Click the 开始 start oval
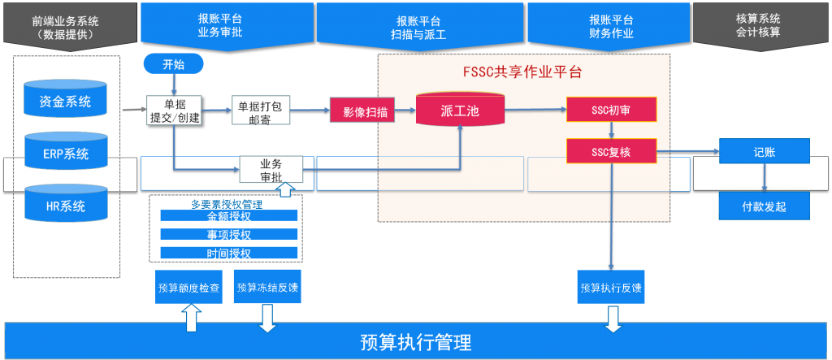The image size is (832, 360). (173, 64)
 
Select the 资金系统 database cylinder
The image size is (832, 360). (66, 102)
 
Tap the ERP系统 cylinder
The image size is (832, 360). (66, 154)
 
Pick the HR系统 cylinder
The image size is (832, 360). (66, 206)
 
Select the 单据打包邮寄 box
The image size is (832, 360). (260, 111)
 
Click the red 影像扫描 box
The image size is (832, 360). (362, 111)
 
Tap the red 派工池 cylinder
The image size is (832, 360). (460, 110)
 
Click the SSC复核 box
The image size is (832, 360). (609, 151)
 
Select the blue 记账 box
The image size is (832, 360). (764, 151)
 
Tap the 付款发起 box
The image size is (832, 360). (764, 206)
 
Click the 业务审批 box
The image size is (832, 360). (271, 170)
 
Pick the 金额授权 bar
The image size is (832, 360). (229, 217)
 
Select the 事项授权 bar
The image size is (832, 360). (229, 235)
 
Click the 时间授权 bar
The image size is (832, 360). (229, 254)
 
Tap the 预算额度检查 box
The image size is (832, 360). (188, 288)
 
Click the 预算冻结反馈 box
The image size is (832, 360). (267, 288)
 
